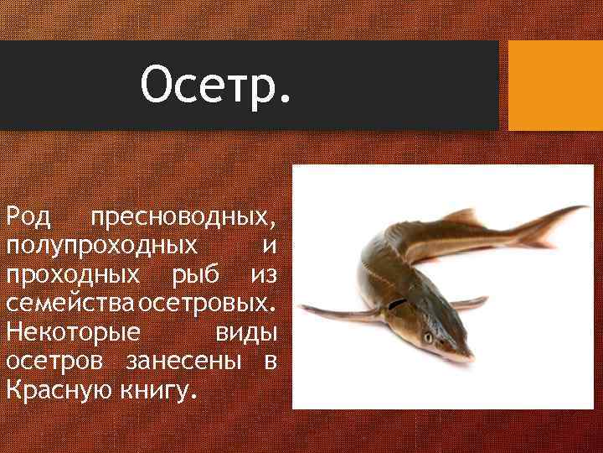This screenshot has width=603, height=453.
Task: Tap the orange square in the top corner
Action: (555, 86)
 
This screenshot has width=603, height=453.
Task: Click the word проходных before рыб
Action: (73, 275)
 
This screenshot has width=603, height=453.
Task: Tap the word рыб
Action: (193, 275)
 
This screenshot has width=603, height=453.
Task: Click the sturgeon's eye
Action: (429, 337)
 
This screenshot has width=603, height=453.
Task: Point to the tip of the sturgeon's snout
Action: (470, 358)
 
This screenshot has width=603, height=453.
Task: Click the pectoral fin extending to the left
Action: (335, 315)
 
